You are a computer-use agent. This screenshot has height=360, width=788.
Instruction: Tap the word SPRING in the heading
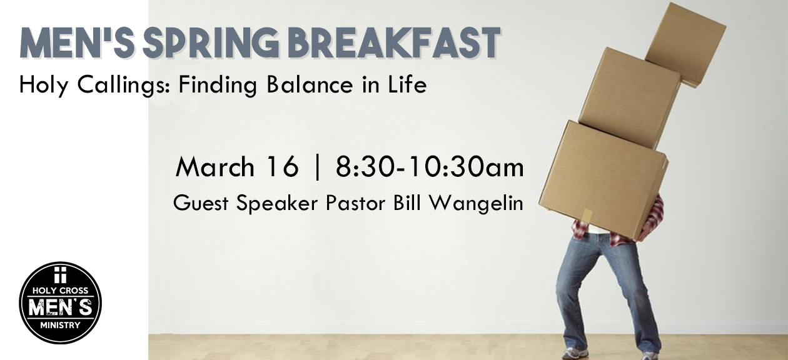[x=211, y=43]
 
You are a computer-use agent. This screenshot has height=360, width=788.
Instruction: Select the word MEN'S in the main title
[x=77, y=43]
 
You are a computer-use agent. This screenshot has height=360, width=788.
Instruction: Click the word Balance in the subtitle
[x=310, y=85]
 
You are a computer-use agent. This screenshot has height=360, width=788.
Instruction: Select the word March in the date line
[x=215, y=167]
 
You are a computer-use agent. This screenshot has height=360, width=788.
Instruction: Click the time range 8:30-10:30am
[x=430, y=167]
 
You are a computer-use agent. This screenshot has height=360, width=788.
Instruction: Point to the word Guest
[x=201, y=203]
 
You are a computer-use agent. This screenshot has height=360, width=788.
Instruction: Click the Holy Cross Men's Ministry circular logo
[x=61, y=302]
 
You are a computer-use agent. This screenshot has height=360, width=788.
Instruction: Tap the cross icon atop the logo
[x=61, y=274]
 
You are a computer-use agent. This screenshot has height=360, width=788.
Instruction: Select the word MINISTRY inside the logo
[x=60, y=325]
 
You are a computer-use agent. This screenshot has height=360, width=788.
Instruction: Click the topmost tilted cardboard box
[x=685, y=44]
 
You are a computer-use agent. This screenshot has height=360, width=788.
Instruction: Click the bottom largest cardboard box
[x=604, y=179]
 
